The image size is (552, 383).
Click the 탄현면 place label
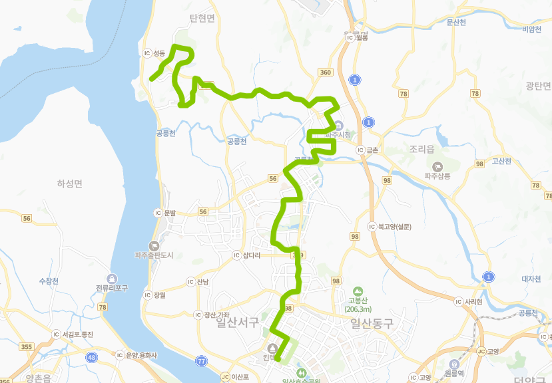click(x=202, y=19)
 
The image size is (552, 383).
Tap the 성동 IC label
click(x=158, y=53)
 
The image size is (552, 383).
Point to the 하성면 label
click(x=69, y=184)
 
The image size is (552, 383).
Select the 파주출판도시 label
click(x=154, y=255)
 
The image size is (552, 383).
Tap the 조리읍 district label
click(x=422, y=150)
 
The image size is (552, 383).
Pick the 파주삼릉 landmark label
click(x=437, y=176)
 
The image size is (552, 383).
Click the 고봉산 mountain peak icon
click(x=358, y=291)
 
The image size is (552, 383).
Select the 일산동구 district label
click(x=372, y=323)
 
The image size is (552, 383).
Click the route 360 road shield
click(x=325, y=72)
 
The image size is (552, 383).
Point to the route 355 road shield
click(x=27, y=346)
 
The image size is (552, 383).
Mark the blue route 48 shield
click(x=91, y=357)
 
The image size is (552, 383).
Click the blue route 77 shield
click(x=201, y=360)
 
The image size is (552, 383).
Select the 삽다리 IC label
click(x=251, y=255)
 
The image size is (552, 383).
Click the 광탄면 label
click(x=538, y=86)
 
